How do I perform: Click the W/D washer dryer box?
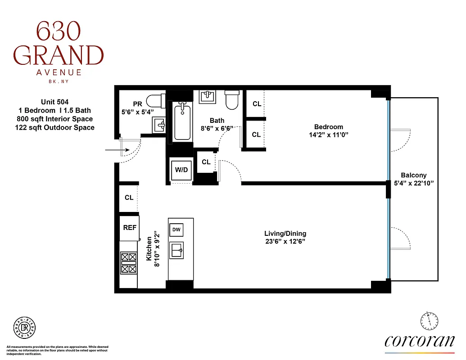tap(181, 170)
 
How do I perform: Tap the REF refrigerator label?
tap(130, 228)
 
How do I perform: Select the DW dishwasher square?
tap(176, 230)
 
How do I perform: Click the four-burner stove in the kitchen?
tap(128, 263)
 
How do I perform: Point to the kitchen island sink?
tap(176, 250)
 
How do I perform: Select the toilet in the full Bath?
tap(232, 100)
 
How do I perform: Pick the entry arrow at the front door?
tap(113, 150)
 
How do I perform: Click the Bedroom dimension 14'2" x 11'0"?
tap(328, 135)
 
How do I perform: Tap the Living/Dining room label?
tap(285, 233)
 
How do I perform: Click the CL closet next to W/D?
tap(206, 162)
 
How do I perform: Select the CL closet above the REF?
tap(129, 198)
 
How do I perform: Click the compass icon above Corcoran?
tap(429, 321)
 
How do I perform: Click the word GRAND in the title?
tap(58, 56)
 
